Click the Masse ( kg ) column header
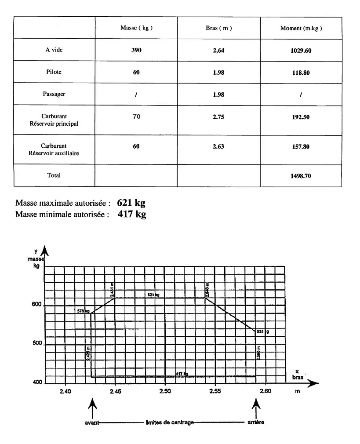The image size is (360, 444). click(x=136, y=28)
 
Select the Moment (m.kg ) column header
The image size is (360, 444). click(x=301, y=28)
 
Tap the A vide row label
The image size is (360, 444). click(x=54, y=50)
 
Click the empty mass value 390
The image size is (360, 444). click(x=136, y=50)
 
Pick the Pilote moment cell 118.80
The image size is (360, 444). click(x=301, y=73)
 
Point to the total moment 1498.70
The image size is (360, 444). click(x=301, y=176)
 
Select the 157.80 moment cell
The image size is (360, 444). click(x=301, y=147)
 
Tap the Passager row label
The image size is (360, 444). click(x=54, y=94)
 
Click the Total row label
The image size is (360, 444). click(x=54, y=175)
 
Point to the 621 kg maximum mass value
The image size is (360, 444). click(x=131, y=203)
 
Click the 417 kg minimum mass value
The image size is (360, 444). click(x=132, y=214)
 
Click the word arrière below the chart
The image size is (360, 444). click(x=256, y=423)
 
